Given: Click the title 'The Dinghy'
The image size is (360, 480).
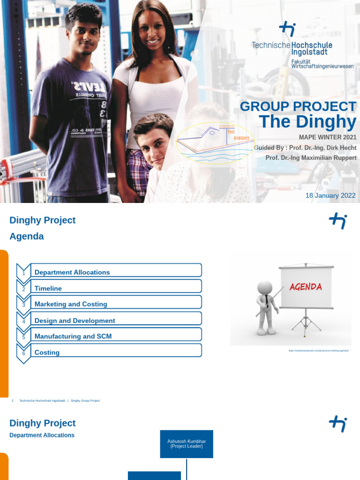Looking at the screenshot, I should point(307,122).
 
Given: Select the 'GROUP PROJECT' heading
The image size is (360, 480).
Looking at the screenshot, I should point(298,106).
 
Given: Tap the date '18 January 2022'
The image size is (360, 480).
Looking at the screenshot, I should point(330,195).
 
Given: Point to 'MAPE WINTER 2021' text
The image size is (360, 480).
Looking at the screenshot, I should point(327,137).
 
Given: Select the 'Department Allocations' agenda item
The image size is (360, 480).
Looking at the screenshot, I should point(72,272).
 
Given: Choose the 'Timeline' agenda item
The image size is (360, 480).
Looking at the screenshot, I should point(48,288).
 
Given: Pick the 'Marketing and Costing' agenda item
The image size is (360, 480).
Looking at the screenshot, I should point(71,304).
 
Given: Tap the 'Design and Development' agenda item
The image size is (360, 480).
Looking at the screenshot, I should point(75,321).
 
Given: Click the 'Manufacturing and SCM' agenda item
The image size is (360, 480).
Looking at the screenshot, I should point(73,336).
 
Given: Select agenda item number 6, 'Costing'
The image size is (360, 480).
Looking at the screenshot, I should point(47,352).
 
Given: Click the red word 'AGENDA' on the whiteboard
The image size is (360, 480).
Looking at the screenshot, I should point(306,286).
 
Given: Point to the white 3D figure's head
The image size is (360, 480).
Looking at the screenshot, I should point(264,287).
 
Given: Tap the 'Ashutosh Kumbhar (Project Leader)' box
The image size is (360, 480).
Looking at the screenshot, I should point(187,444).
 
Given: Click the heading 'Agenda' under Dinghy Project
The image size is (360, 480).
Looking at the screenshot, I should point(27,236).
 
